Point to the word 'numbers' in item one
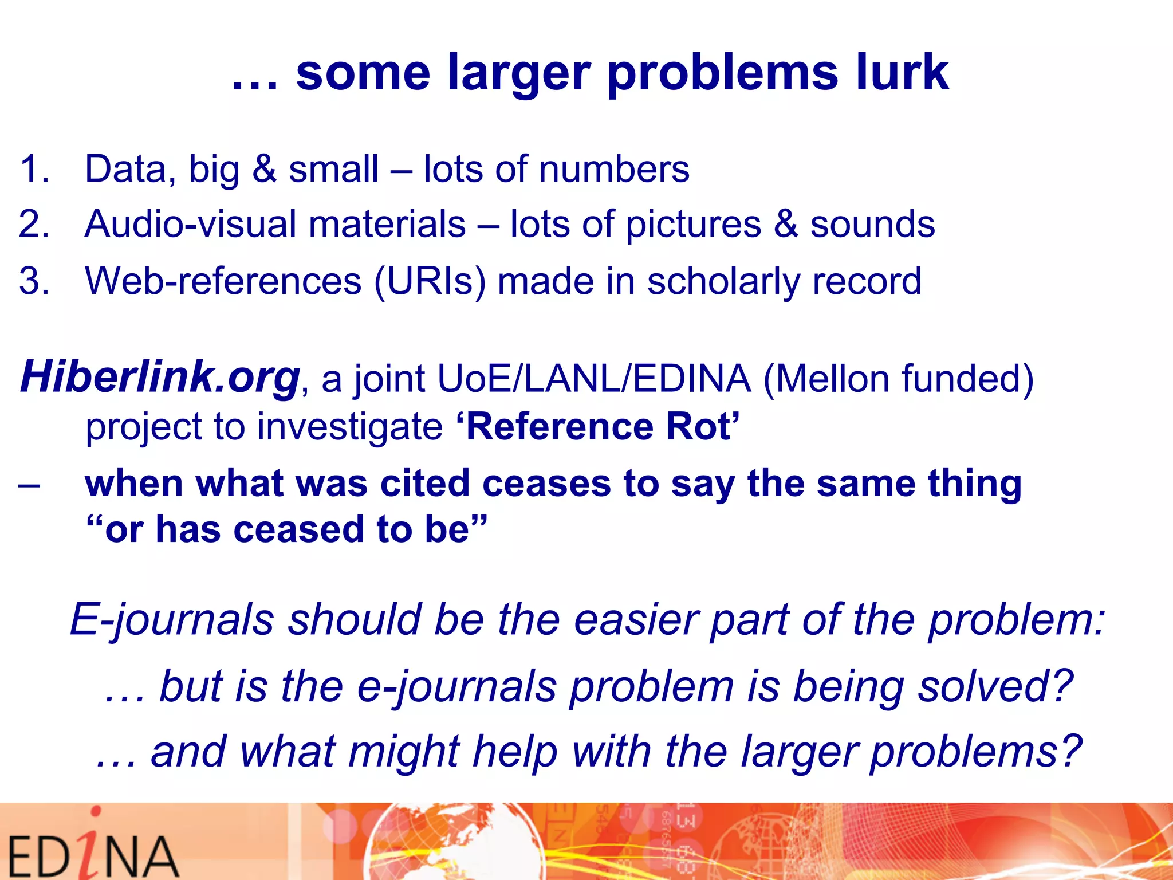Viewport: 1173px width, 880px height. [613, 169]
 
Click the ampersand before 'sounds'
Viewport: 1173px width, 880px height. [785, 223]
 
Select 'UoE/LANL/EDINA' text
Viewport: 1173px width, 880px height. [593, 378]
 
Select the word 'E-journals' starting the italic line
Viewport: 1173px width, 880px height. [172, 620]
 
